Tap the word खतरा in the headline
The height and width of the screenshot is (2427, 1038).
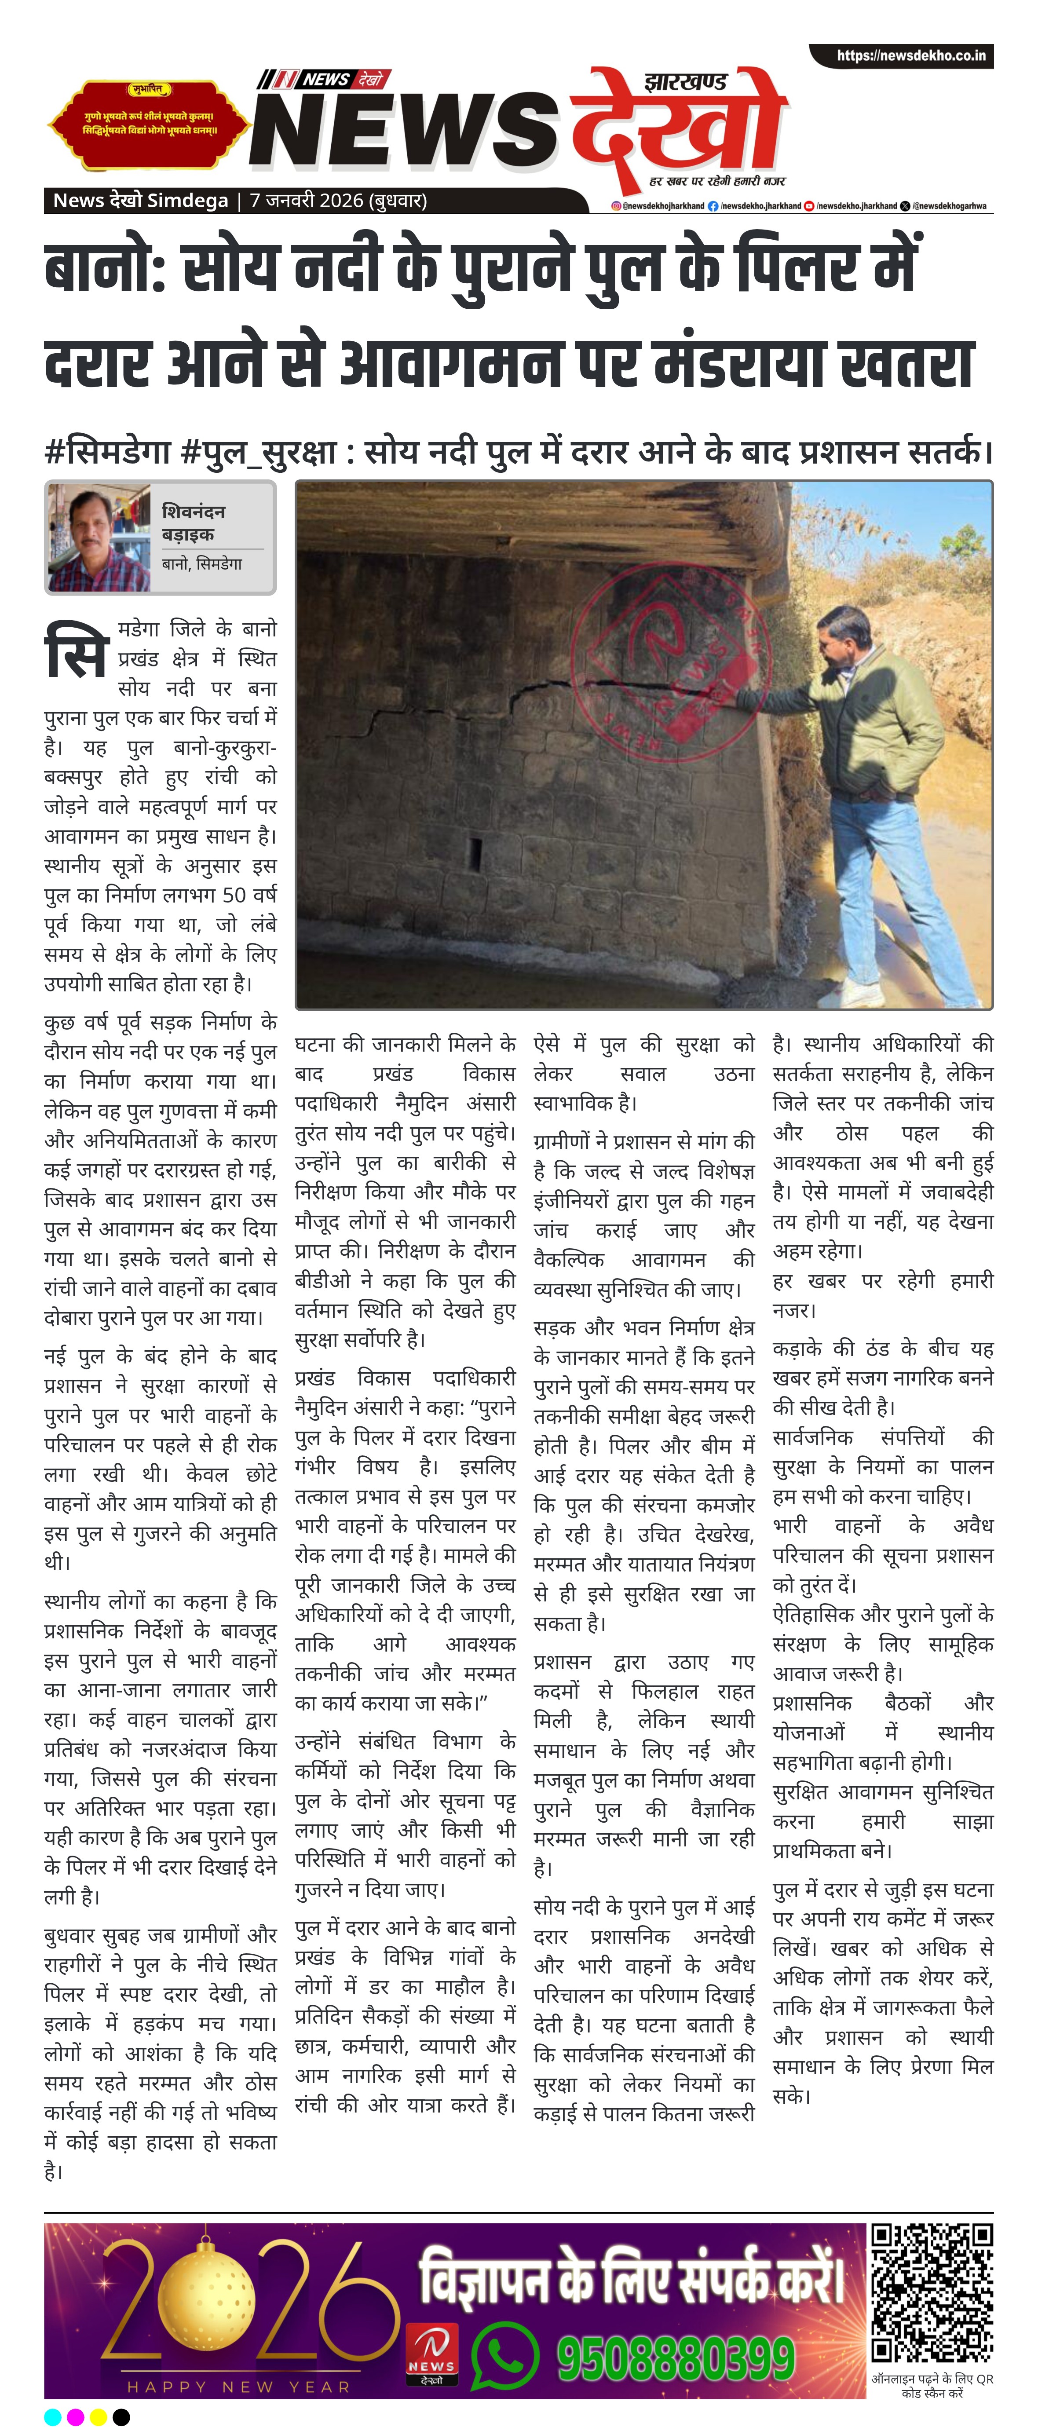click(904, 364)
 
